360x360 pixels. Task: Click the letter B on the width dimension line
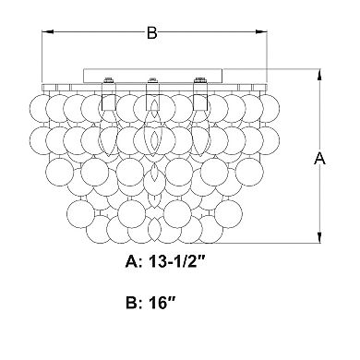152,32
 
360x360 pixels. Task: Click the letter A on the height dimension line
319,158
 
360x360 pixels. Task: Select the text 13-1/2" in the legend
177,262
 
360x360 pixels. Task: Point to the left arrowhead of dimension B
47,31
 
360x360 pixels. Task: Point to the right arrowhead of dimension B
261,31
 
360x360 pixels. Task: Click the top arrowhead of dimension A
320,75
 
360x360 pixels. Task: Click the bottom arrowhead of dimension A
320,237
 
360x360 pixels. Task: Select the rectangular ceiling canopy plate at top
153,76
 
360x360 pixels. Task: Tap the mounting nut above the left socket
108,80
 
